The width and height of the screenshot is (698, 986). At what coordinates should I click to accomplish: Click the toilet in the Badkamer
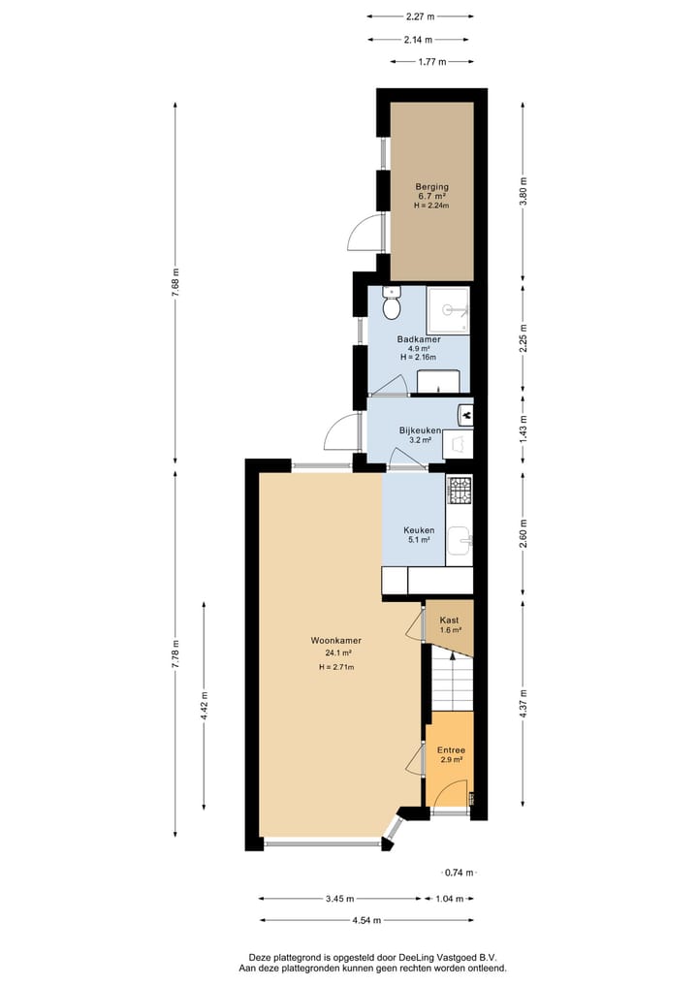tap(392, 304)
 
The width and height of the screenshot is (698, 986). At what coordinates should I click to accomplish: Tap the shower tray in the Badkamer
tap(448, 309)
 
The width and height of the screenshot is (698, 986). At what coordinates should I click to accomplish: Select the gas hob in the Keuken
tap(460, 491)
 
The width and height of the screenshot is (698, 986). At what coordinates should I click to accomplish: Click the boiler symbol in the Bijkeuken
tap(465, 415)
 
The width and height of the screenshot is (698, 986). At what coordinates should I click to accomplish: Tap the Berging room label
tap(432, 186)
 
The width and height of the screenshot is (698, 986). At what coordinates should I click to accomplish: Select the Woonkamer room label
tap(331, 641)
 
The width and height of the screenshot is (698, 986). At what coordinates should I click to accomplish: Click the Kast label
tap(449, 620)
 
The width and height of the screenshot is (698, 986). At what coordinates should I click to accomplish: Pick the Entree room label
tap(451, 749)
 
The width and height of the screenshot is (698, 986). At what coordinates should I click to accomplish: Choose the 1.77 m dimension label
tap(431, 62)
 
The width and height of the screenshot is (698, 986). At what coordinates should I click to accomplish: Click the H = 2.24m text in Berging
tap(432, 206)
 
